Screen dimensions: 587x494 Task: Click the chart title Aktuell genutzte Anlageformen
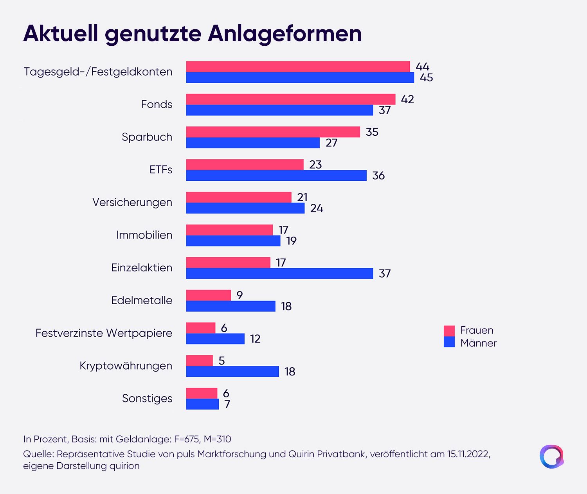click(x=192, y=34)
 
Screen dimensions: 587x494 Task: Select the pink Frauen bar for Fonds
click(x=291, y=99)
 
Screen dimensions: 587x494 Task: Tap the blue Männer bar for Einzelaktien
click(x=279, y=273)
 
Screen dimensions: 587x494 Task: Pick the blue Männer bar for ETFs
click(x=276, y=175)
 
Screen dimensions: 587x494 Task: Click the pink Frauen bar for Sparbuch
click(x=273, y=132)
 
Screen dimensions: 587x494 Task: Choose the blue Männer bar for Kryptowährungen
click(x=232, y=372)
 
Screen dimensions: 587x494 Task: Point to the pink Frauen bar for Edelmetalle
click(x=208, y=295)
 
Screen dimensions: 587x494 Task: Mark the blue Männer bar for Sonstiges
click(x=202, y=404)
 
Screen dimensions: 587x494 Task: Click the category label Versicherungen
click(x=132, y=203)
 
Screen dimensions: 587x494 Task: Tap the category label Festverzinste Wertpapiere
click(x=104, y=333)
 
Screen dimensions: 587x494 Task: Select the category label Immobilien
click(x=144, y=235)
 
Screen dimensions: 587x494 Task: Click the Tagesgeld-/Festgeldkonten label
click(x=98, y=72)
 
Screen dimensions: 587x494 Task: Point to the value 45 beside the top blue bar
click(x=426, y=77)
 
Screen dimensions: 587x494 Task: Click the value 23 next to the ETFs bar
click(x=315, y=165)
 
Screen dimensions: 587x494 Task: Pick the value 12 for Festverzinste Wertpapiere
click(x=255, y=339)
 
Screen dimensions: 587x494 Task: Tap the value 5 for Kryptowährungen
click(x=222, y=361)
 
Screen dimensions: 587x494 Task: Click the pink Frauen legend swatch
click(x=449, y=331)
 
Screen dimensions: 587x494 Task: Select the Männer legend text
click(x=478, y=343)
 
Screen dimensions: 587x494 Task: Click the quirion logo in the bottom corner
click(x=551, y=456)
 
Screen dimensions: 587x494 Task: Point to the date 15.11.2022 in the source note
click(x=469, y=454)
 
